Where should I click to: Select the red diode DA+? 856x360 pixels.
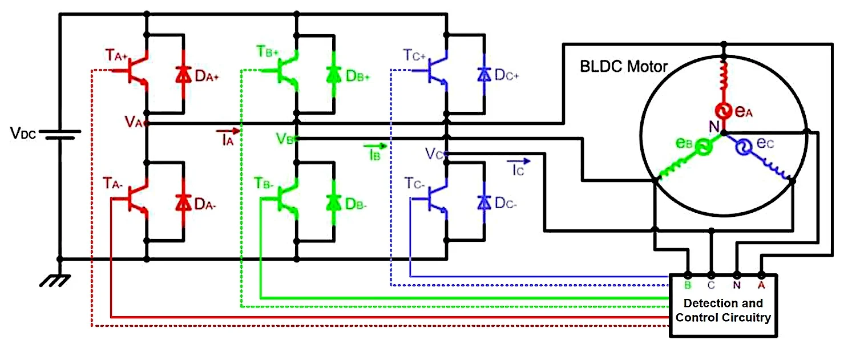(183, 75)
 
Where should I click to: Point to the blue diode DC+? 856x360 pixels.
(484, 75)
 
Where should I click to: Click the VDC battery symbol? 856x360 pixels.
(59, 135)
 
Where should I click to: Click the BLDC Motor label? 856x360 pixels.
(623, 67)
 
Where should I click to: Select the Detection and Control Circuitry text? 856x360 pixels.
(723, 310)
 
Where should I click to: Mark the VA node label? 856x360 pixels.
(132, 121)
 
